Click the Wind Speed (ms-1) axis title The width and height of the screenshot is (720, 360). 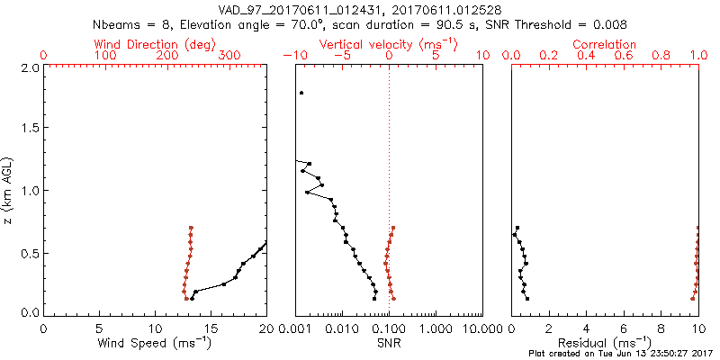(156, 343)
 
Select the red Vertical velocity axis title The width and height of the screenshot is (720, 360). (389, 43)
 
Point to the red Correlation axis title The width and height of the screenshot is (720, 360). (605, 43)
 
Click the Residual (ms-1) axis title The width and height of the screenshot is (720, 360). (606, 343)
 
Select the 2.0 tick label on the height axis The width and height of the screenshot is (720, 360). (29, 67)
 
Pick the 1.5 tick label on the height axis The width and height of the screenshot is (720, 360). (29, 129)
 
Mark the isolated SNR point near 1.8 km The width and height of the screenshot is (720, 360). (302, 93)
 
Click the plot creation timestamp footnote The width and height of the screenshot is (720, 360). (620, 354)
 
